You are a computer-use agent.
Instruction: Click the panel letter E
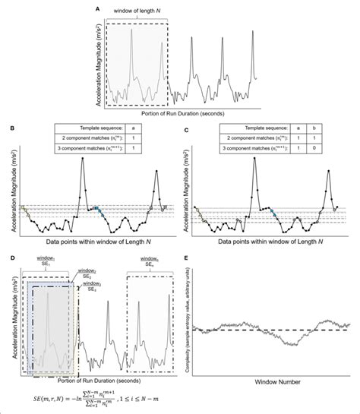pos(187,258)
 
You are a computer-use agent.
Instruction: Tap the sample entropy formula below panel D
pos(88,397)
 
